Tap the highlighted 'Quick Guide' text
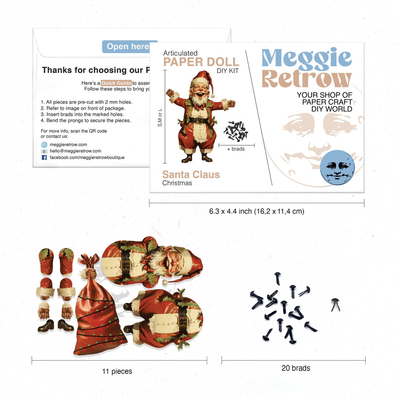pos(116,83)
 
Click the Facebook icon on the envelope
pos(44,157)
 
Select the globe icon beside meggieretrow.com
pos(44,145)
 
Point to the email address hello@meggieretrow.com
pos(75,151)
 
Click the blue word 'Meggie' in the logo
pos(306,58)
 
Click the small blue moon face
pos(337,167)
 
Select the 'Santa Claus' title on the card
pos(191,175)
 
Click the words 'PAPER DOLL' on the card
pos(201,62)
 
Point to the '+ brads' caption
pos(236,149)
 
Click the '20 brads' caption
pos(296,368)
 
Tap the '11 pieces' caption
pos(117,371)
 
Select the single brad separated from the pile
pos(335,305)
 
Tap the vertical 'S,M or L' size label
pos(160,118)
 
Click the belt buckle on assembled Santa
pos(199,121)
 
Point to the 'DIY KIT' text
pos(228,71)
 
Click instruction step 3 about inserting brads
pos(82,114)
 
